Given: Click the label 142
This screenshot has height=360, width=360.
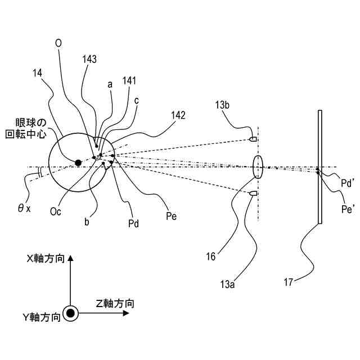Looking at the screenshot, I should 178,115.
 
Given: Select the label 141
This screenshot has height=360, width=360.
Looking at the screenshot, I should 129,81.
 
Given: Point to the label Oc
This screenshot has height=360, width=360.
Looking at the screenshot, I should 56,211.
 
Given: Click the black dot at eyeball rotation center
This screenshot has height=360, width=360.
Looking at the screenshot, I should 78,163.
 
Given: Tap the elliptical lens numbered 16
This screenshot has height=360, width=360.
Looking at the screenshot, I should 258,167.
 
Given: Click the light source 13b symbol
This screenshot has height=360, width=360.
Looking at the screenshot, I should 253,138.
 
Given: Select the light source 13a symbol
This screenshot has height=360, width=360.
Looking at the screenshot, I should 253,193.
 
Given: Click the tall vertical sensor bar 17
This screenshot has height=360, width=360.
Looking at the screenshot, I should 319,167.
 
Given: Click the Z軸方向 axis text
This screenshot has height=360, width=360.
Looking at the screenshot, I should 115,304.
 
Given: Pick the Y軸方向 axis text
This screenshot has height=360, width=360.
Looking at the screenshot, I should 41,318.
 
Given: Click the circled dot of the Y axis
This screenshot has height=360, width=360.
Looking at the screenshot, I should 70,313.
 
